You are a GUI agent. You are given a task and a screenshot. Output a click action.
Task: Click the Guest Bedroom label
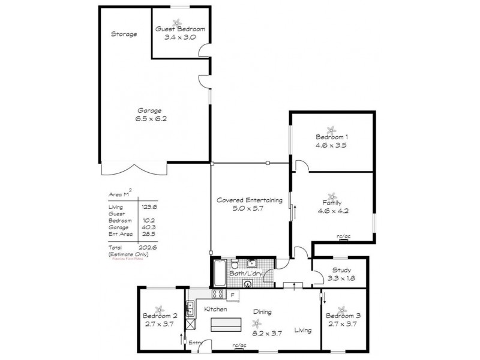click(x=180, y=29)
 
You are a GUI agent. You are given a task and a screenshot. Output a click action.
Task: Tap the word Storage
click(x=124, y=34)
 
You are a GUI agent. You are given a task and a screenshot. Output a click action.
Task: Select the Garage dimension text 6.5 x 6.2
click(x=150, y=119)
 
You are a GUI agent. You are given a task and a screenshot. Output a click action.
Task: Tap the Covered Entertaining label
click(x=249, y=201)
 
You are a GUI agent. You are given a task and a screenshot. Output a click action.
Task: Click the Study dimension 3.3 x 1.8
click(x=339, y=278)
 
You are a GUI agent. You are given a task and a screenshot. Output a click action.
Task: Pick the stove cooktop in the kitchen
click(x=217, y=294)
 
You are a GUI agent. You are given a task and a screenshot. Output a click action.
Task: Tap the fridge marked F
click(x=233, y=294)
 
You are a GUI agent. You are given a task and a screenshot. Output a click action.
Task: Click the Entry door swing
click(x=206, y=346)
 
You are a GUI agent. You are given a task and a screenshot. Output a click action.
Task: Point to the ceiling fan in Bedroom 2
click(x=160, y=307)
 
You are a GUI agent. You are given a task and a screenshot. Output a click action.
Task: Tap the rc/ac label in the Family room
click(x=343, y=236)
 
